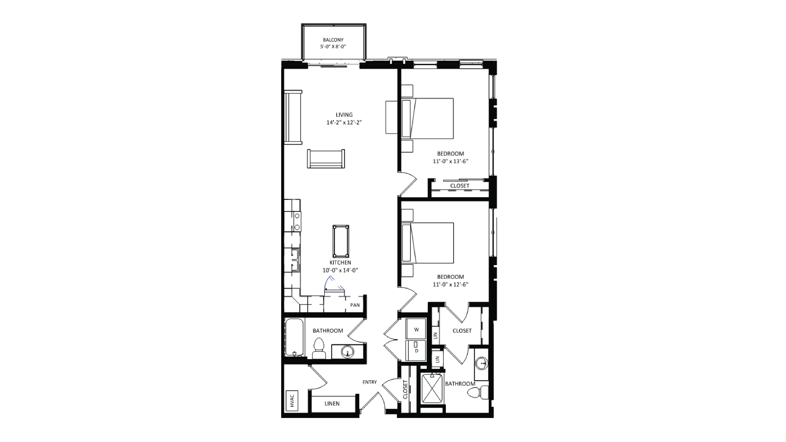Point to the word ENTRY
click(x=369, y=382)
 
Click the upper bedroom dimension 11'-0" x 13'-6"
click(x=450, y=161)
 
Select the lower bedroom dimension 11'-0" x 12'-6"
click(x=450, y=284)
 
